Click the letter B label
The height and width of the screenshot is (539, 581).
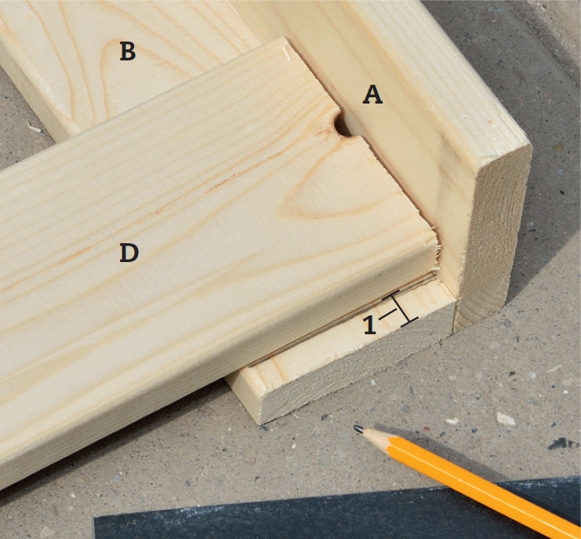(128, 52)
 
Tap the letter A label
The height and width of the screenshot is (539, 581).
(372, 94)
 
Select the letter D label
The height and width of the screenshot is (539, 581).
(129, 253)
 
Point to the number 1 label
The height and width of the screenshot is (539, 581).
(370, 325)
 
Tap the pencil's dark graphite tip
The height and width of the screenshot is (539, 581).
(358, 429)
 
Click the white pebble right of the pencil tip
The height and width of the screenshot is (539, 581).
(505, 419)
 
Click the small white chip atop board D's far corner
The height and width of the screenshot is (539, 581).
(286, 53)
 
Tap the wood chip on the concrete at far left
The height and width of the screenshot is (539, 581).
(34, 127)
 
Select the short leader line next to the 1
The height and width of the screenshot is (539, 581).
(387, 313)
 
